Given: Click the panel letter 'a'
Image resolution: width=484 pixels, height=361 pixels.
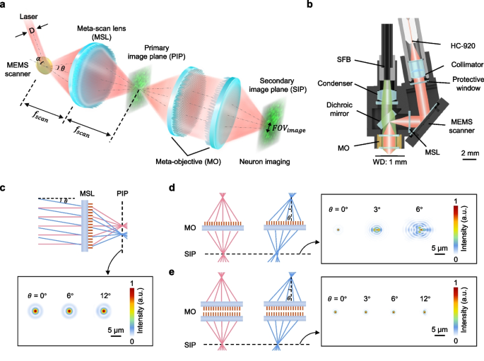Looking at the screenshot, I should tap(6, 6).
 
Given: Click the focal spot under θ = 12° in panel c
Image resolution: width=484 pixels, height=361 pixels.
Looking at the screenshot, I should tap(104, 310).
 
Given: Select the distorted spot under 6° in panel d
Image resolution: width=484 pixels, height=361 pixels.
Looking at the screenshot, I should tap(420, 230).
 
